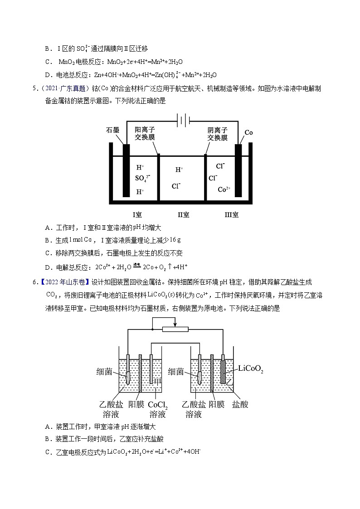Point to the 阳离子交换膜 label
click(145, 134)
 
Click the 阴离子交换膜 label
click(218, 134)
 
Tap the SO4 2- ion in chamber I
click(142, 178)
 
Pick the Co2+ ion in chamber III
click(224, 189)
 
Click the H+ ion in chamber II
click(179, 170)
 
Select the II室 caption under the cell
click(183, 214)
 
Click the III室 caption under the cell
click(232, 214)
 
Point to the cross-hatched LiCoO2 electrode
click(223, 372)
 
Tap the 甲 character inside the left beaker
click(158, 382)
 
